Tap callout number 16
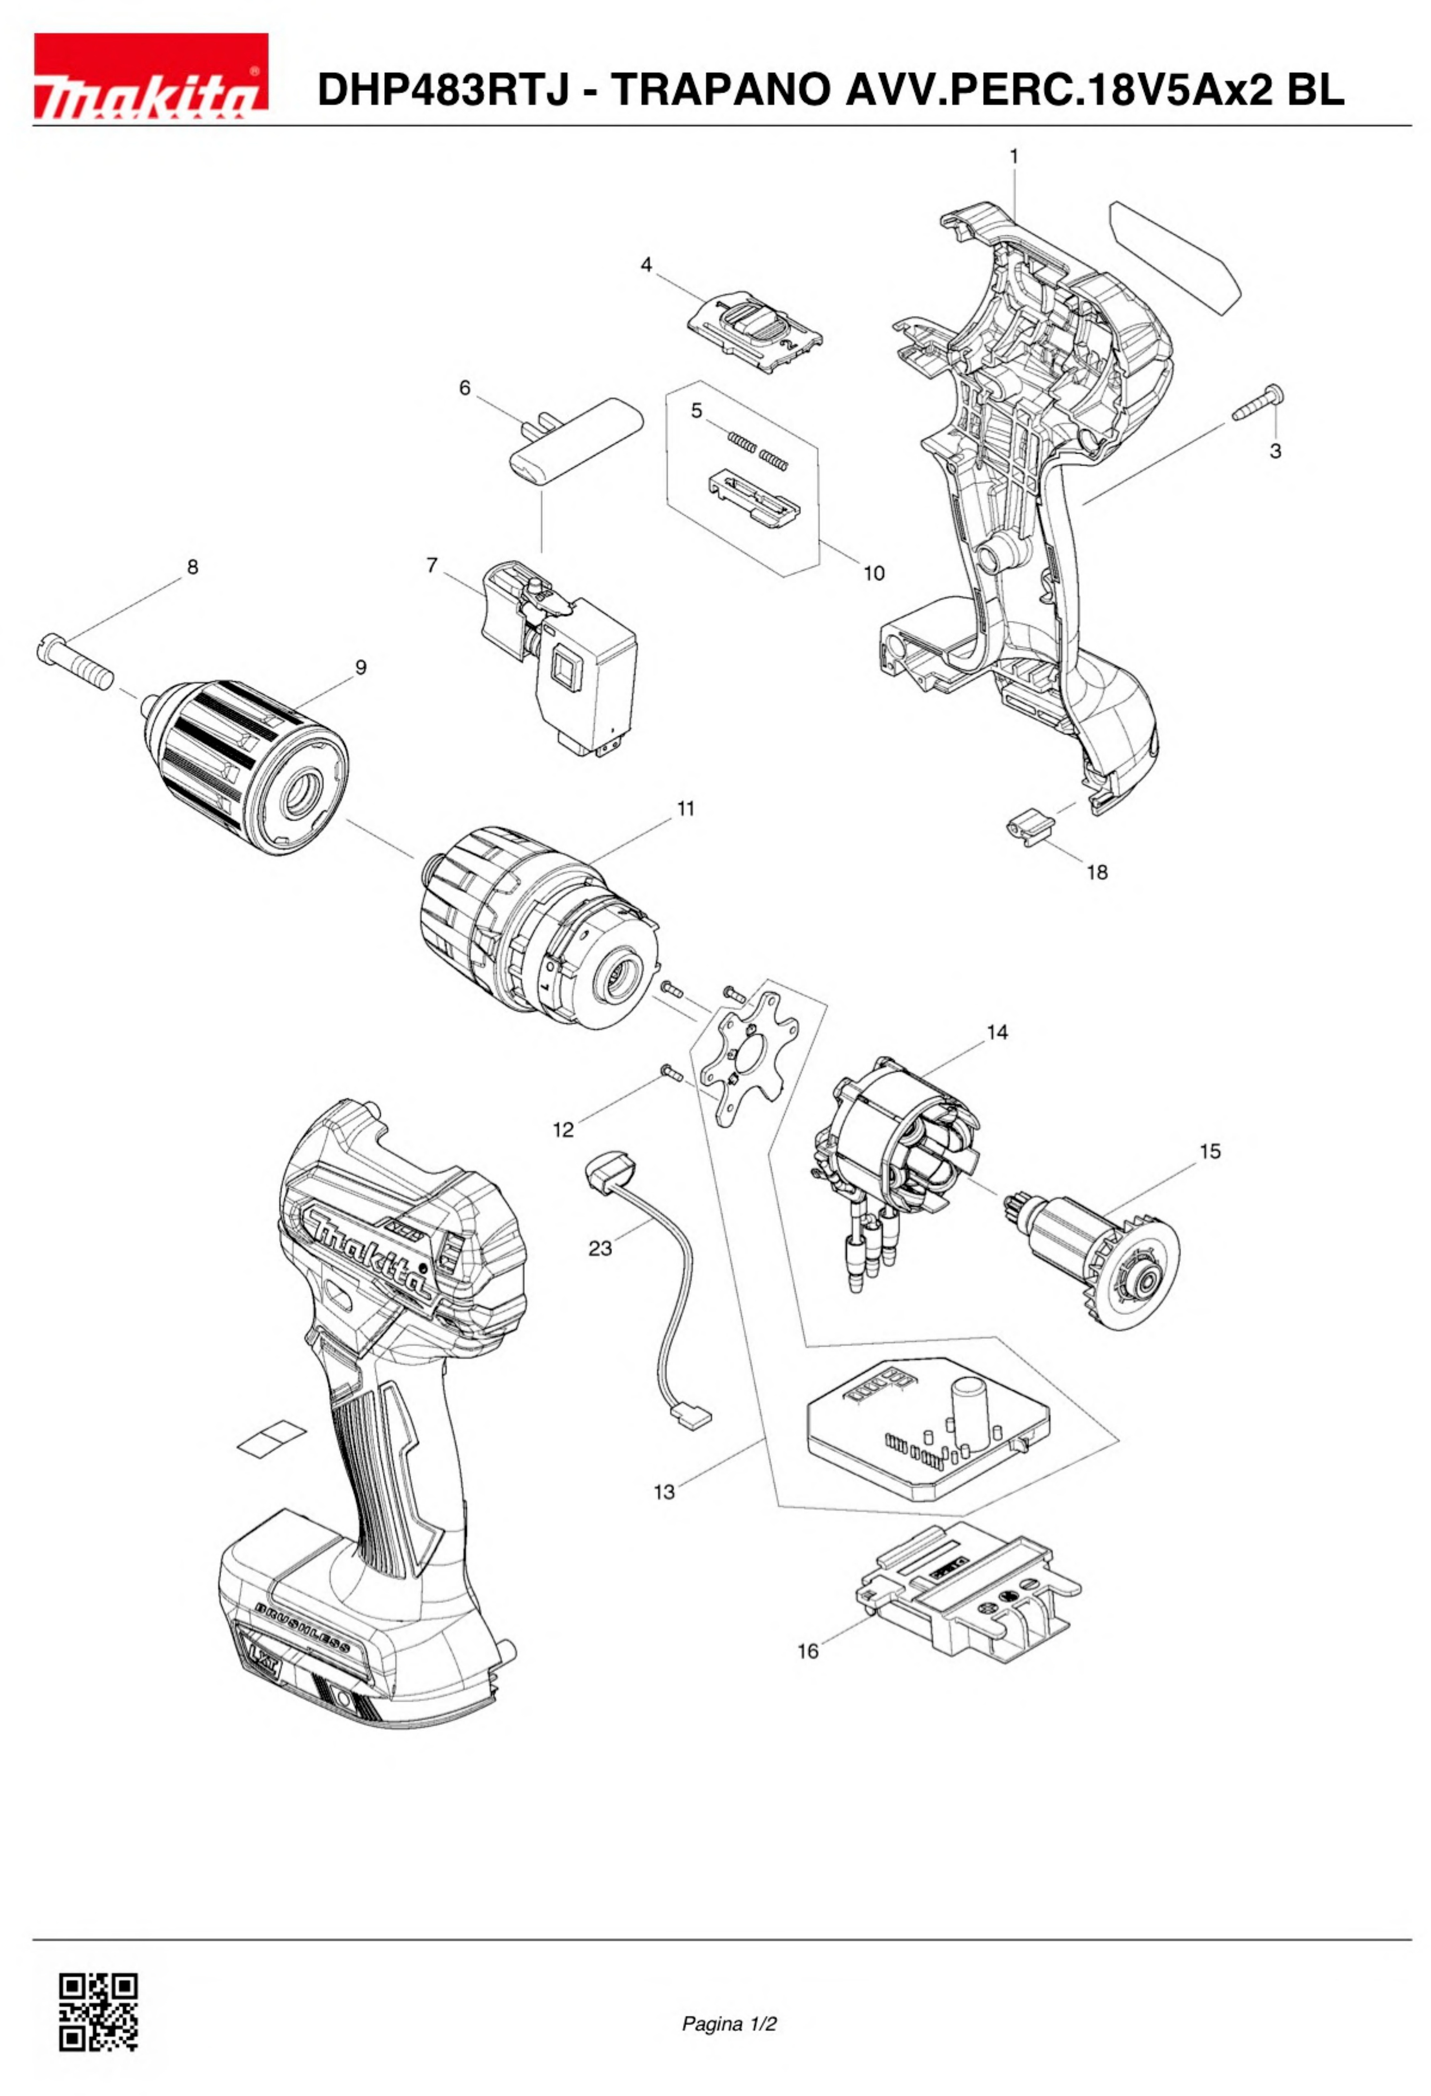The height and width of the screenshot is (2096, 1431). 808,1650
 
